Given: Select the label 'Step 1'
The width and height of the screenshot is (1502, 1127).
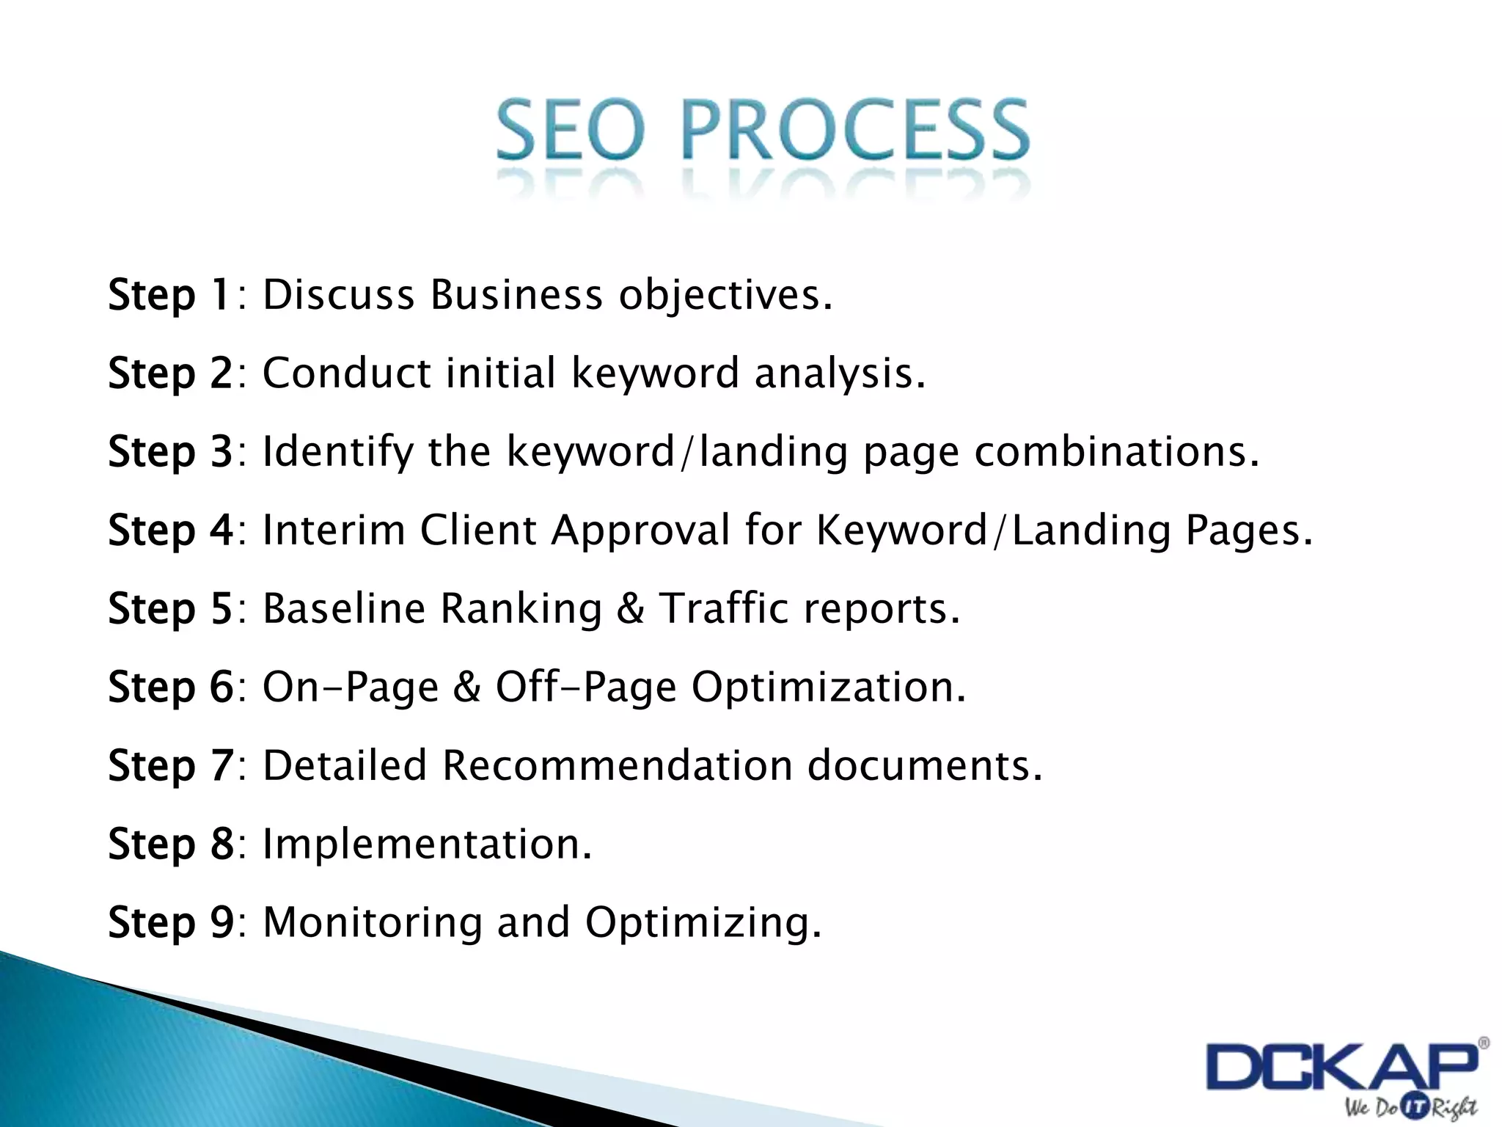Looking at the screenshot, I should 169,295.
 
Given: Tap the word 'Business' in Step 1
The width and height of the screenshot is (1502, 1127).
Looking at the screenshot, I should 516,295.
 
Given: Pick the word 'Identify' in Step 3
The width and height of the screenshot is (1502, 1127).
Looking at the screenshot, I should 338,452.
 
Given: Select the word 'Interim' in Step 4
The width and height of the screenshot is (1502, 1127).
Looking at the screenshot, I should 334,530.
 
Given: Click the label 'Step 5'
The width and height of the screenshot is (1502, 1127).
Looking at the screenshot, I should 169,608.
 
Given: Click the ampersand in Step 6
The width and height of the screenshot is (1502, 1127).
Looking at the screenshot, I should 466,687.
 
